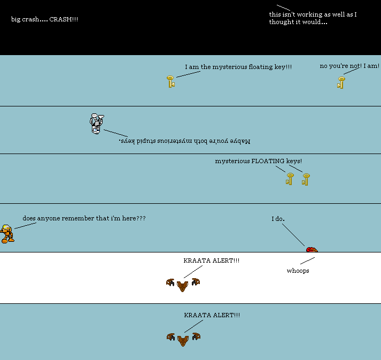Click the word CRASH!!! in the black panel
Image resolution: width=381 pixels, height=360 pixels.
(x=67, y=20)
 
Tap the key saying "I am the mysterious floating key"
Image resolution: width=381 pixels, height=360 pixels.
(x=170, y=81)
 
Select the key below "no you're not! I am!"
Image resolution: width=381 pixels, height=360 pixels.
(x=341, y=82)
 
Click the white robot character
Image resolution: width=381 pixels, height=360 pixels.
(x=96, y=123)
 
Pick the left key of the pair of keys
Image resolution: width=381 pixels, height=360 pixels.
(x=290, y=179)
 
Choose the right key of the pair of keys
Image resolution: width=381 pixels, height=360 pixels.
(x=306, y=179)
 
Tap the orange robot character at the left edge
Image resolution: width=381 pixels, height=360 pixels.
(x=7, y=234)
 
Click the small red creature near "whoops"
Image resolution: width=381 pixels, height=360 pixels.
(x=312, y=250)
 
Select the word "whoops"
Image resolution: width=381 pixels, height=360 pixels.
(x=298, y=271)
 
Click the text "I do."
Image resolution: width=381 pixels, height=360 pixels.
(x=278, y=219)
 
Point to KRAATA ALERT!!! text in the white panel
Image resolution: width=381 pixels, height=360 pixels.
(x=212, y=261)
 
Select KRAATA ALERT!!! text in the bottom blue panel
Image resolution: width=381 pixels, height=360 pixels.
(x=212, y=315)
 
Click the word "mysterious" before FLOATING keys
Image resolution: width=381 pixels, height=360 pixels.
(x=232, y=161)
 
